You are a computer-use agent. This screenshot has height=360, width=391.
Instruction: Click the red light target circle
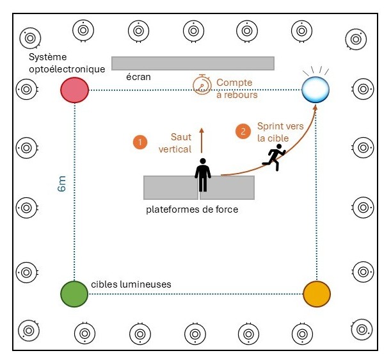pos(74,90)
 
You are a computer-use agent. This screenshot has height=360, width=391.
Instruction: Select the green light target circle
pos(74,294)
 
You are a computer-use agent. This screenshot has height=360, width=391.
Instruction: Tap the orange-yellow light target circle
pos(316,293)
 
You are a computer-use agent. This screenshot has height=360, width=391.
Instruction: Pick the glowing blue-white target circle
pos(316,89)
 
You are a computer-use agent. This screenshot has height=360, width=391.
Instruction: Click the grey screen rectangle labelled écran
pos(193,63)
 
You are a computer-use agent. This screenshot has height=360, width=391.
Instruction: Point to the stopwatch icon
pos(202,85)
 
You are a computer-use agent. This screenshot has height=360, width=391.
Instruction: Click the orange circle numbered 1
pos(140,142)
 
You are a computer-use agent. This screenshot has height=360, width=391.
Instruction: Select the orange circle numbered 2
pos(243,132)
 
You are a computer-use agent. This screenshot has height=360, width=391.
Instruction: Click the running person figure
pos(275,157)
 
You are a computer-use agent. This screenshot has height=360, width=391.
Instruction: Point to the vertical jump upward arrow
pos(202,140)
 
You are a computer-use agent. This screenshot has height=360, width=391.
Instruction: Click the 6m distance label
pos(62,186)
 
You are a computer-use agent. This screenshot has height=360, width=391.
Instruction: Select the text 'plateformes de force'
pos(192,209)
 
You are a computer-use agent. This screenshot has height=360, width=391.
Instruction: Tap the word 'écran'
pos(138,76)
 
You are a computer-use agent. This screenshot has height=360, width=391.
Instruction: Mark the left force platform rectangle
pos(170,187)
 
